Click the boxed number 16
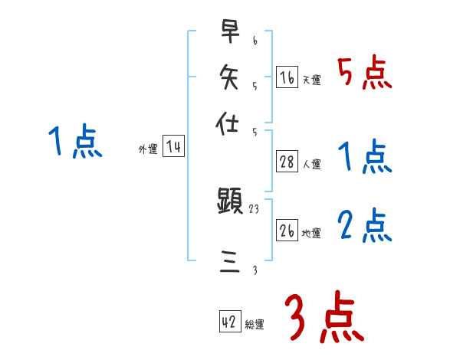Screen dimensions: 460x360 (x=287, y=77)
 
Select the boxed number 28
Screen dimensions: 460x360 (x=287, y=162)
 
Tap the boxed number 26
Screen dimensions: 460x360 (x=287, y=231)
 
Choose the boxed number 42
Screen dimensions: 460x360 (x=229, y=322)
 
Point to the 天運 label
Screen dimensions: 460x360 (x=312, y=79)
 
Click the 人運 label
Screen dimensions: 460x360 (x=312, y=163)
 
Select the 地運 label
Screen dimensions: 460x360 (x=312, y=233)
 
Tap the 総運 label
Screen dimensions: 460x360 (x=255, y=325)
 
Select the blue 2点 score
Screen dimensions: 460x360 (x=364, y=227)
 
